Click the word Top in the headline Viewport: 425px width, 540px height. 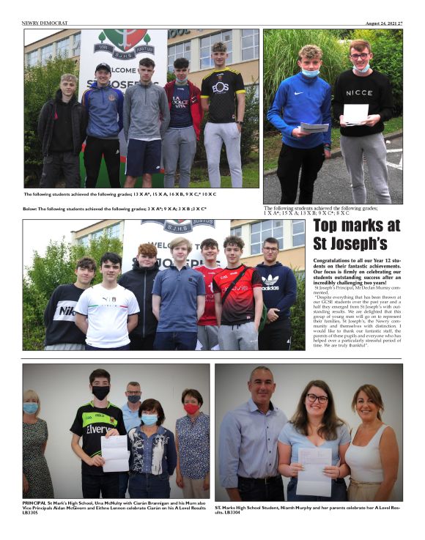tap(332, 226)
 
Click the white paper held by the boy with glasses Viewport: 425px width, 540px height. tap(355, 113)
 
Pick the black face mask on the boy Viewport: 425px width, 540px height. tap(100, 393)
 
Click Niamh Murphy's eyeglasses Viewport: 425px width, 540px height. tap(317, 398)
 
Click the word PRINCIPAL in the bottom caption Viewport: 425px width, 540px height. tap(36, 503)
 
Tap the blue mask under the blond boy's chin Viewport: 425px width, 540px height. tap(311, 73)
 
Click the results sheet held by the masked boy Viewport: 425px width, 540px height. tap(115, 453)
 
